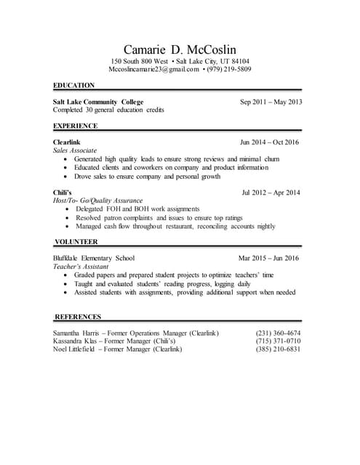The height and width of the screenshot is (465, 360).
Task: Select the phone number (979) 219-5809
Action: tap(228, 70)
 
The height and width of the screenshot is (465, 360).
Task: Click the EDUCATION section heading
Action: tap(74, 85)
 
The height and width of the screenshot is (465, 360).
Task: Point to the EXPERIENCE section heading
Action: tap(76, 126)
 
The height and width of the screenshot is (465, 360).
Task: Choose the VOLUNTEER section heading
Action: tap(76, 241)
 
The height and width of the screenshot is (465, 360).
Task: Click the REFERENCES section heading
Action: tap(78, 317)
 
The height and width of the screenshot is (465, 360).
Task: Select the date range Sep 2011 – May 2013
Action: tap(271, 102)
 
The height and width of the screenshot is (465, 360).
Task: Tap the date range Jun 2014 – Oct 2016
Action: tap(270, 142)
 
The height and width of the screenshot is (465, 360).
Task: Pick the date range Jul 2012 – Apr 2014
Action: tap(271, 193)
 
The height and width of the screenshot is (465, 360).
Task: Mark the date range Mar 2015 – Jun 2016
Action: tap(268, 258)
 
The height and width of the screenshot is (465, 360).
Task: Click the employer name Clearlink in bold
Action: tap(68, 142)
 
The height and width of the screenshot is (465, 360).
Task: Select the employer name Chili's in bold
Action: tap(64, 193)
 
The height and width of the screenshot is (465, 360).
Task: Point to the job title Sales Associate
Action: tap(75, 150)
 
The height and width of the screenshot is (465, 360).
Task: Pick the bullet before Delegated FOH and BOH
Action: tap(68, 209)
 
